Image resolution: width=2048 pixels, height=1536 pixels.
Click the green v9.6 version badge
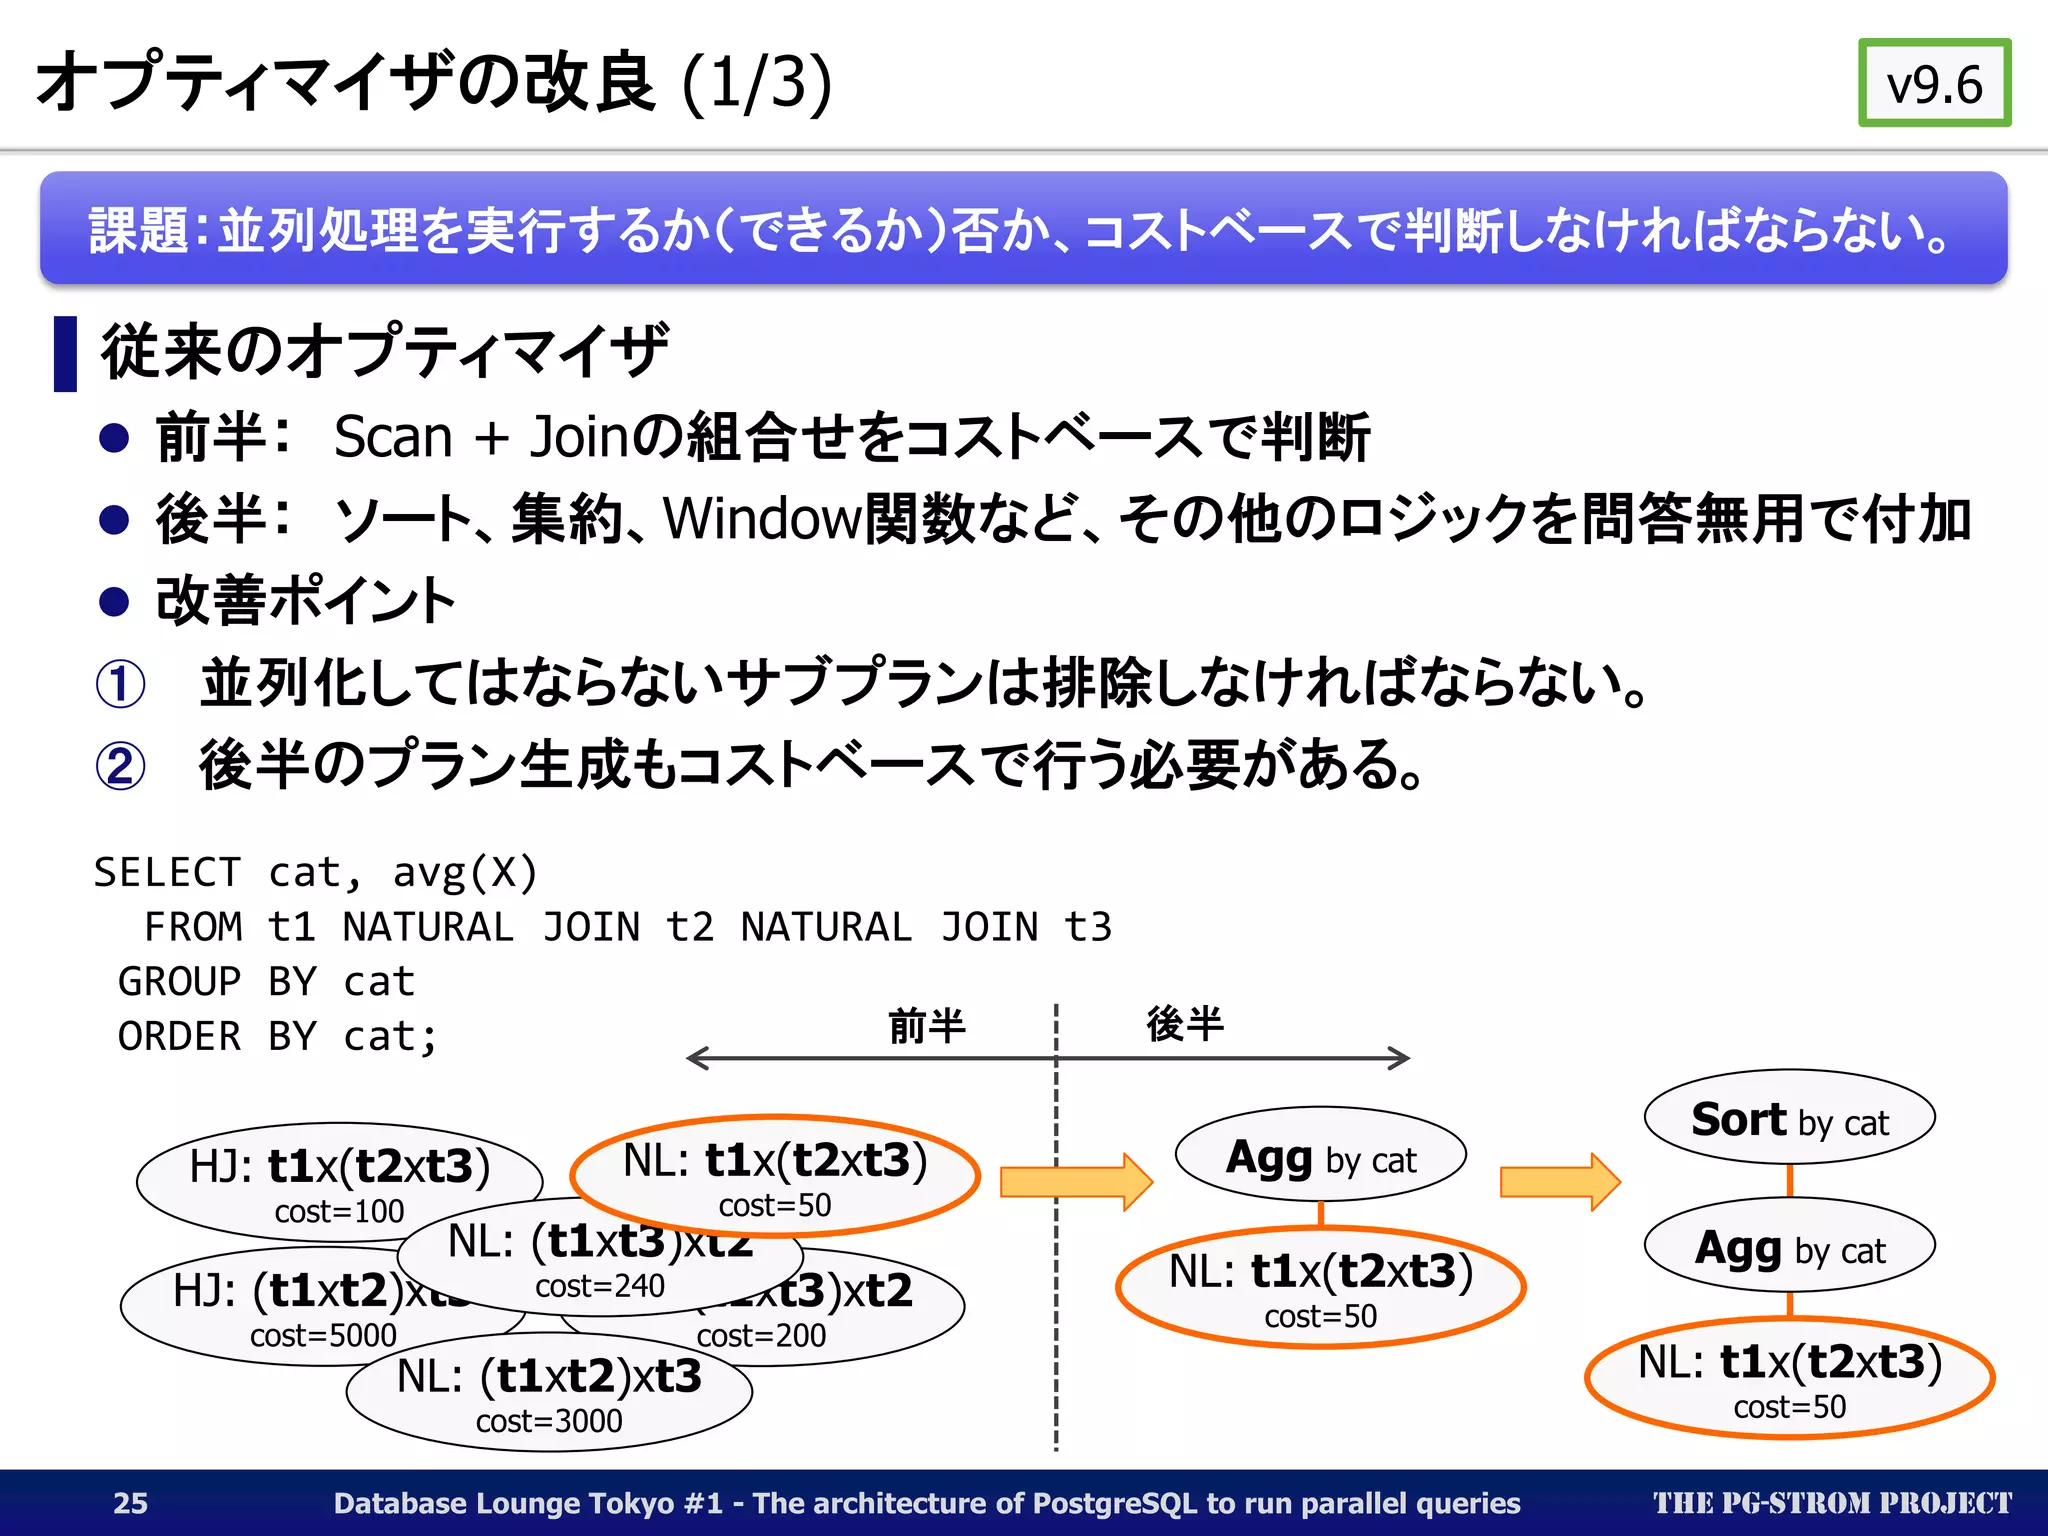pos(1934,84)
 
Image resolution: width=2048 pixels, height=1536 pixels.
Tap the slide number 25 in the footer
pos(130,1503)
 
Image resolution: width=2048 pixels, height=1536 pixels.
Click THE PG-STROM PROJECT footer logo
pos(1832,1503)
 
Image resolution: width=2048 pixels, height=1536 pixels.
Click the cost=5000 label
pos(323,1335)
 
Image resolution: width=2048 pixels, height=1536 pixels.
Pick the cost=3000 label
pos(549,1421)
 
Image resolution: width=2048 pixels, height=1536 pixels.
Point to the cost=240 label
pos(600,1286)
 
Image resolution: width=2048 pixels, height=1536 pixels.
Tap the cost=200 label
pos(761,1335)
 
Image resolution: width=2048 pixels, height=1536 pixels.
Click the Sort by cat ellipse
pos(1789,1119)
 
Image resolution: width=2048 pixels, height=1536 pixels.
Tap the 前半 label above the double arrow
pos(927,1026)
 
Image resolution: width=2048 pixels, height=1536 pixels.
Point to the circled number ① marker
pos(120,684)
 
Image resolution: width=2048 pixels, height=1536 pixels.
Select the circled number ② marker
pos(120,766)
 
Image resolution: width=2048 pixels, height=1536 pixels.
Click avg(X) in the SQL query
pos(465,873)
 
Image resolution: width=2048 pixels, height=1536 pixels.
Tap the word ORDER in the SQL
pos(180,1037)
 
